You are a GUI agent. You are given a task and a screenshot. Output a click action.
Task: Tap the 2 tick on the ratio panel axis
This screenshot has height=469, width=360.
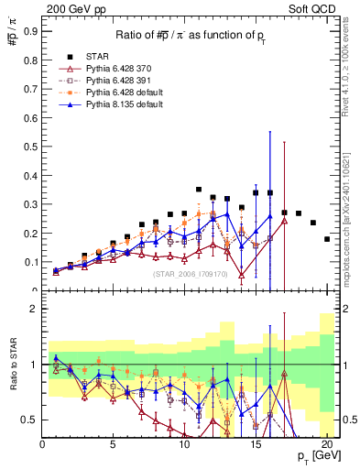click(34, 309)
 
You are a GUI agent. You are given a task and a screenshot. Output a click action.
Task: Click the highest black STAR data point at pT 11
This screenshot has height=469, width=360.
click(199, 190)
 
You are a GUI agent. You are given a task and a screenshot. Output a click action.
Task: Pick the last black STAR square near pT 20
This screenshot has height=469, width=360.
click(327, 239)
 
